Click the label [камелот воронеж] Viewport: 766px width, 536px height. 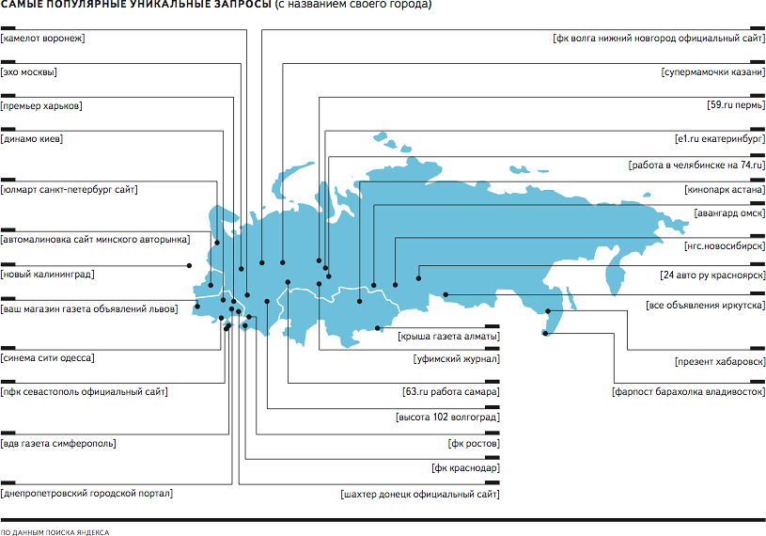click(42, 39)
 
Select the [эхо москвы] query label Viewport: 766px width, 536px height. click(28, 72)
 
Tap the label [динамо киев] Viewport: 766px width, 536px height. click(32, 139)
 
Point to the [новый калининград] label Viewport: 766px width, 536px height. click(47, 274)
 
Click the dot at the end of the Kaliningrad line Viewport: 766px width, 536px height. click(189, 266)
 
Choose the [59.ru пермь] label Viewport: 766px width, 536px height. click(736, 105)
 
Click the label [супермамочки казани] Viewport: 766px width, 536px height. click(713, 72)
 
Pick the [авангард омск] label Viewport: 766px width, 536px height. click(729, 213)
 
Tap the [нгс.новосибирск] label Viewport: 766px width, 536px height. click(725, 246)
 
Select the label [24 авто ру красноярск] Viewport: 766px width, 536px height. click(712, 276)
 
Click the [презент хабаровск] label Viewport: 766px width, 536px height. click(720, 362)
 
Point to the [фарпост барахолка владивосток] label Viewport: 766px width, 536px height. click(688, 392)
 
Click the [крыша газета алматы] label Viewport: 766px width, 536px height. click(448, 337)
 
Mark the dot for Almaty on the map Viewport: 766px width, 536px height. click(378, 328)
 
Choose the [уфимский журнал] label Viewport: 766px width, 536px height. click(456, 359)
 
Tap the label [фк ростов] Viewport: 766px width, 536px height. click(474, 444)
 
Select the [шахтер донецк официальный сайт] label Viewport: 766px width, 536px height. click(420, 495)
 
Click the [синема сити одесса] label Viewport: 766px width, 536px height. click(47, 358)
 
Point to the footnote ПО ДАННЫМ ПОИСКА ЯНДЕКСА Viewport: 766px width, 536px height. click(55, 532)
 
